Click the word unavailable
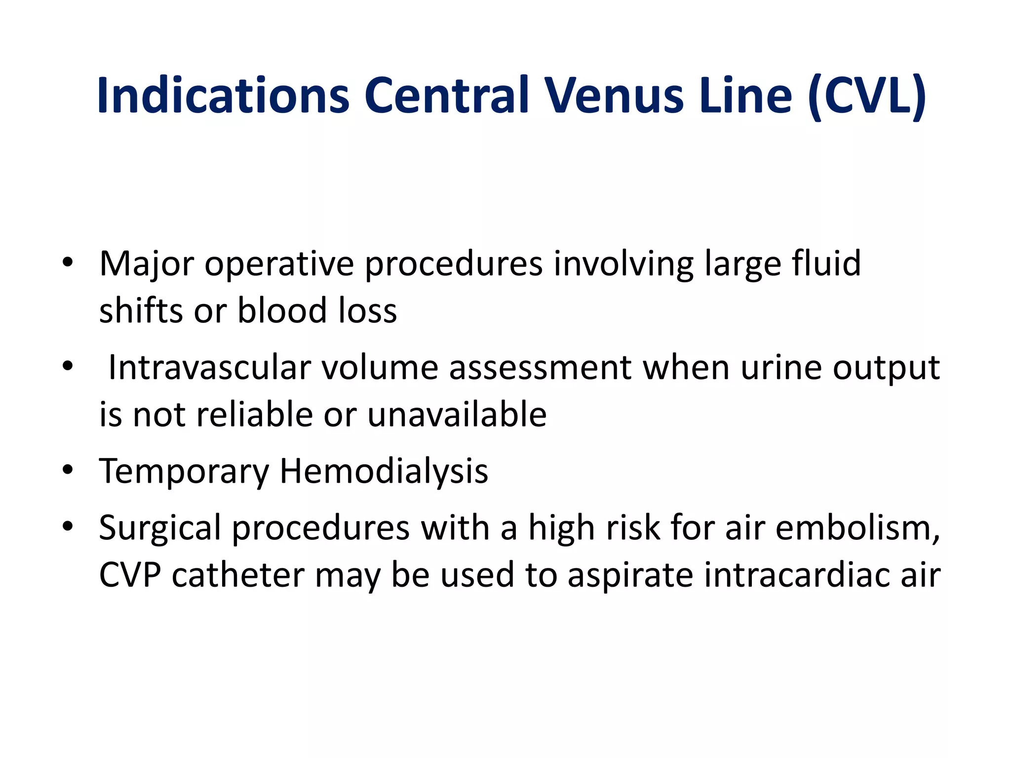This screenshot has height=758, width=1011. click(x=457, y=414)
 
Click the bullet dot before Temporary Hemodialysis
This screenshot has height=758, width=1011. click(x=68, y=469)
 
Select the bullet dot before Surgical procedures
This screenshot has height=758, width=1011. click(x=68, y=526)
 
